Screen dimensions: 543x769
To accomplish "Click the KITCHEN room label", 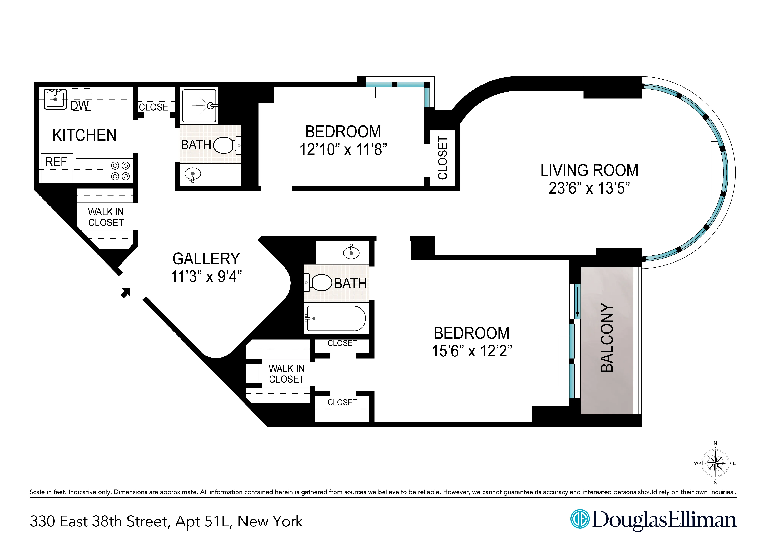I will (x=84, y=135).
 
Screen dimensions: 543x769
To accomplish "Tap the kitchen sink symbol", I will (x=55, y=99).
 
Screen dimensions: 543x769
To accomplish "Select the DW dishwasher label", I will (x=80, y=106).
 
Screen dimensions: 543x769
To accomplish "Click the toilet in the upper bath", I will (x=225, y=145).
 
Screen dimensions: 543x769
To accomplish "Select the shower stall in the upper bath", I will (x=200, y=105).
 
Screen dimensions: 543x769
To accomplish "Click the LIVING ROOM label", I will (x=589, y=170).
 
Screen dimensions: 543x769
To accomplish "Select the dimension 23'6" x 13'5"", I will (x=589, y=188).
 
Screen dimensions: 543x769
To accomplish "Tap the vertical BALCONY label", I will (x=607, y=338).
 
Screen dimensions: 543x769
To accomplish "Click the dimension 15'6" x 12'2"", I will (x=472, y=351).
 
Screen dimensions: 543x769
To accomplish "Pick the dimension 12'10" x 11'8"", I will (x=343, y=150).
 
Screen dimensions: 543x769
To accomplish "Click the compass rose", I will (x=715, y=463).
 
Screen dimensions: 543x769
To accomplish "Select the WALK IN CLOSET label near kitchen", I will (x=106, y=217).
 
